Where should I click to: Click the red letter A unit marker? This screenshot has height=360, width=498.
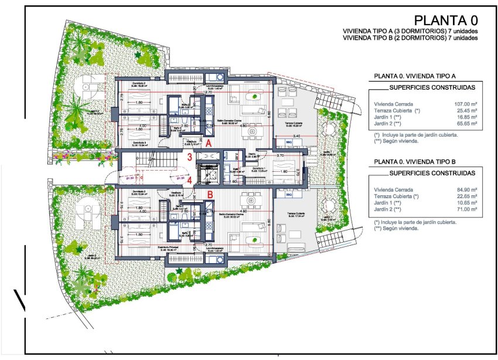point(209,142)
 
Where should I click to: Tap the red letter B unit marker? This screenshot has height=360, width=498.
point(210,194)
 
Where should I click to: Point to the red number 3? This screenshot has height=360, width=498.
point(190,157)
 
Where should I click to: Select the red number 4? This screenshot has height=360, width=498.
point(190,180)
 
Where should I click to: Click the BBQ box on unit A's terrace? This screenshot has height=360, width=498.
point(289,142)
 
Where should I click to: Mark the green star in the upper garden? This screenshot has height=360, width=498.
point(138,55)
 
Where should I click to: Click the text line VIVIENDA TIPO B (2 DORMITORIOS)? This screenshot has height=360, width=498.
point(410,38)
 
